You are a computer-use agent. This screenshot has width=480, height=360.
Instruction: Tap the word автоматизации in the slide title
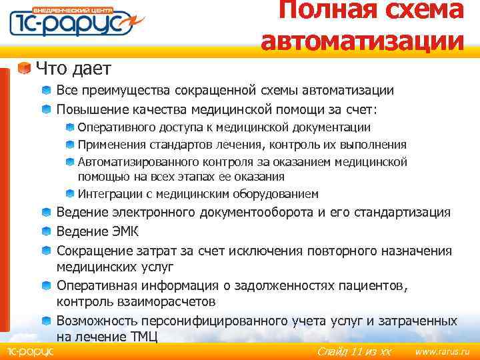363,41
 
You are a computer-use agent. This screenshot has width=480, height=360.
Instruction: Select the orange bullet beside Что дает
25,69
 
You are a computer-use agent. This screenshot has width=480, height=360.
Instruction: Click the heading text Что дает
73,68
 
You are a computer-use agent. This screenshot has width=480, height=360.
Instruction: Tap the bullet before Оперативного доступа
70,127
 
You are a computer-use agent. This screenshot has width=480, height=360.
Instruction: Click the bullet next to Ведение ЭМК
45,231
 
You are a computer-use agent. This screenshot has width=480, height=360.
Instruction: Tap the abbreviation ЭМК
119,232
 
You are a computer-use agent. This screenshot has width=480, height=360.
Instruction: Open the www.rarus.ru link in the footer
443,351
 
